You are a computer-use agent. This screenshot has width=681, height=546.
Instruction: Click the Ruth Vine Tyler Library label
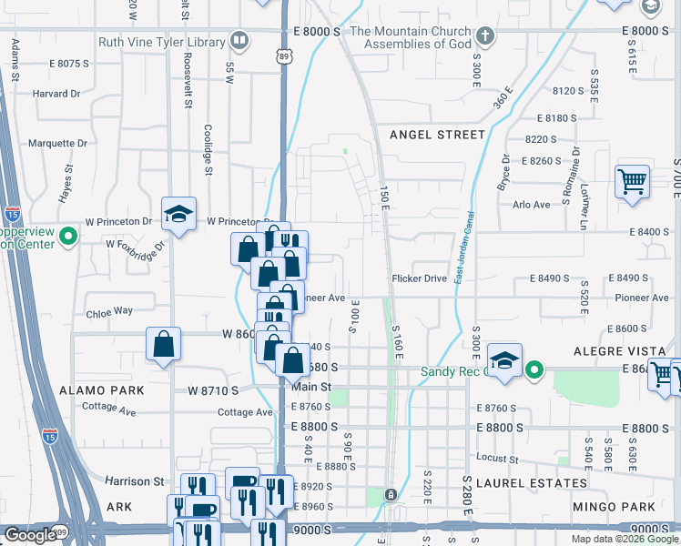pos(161,42)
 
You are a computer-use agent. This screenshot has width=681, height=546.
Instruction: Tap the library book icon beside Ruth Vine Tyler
pos(239,40)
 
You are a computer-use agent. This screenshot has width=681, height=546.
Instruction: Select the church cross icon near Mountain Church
pos(486,37)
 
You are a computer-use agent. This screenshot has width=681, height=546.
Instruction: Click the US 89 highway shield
pos(285,56)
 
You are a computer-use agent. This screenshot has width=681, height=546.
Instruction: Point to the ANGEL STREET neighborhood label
pos(437,135)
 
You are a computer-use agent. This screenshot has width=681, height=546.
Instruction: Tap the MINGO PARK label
pos(615,506)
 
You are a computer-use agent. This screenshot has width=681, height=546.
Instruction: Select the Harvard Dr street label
pos(56,94)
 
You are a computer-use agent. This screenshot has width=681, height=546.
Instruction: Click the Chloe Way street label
pos(109,311)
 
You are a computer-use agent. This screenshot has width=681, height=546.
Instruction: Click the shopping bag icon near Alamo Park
pos(163,345)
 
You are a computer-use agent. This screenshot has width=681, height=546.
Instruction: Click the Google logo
pos(30,535)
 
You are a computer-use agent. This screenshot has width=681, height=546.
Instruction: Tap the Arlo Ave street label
pos(532,205)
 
